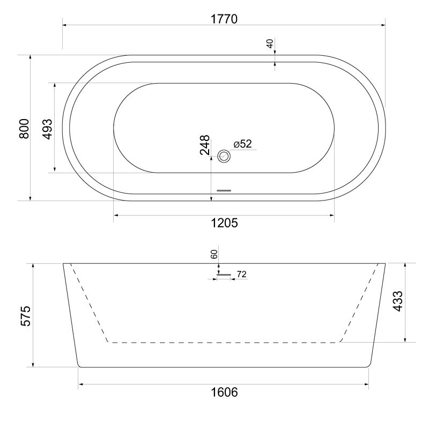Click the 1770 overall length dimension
click(224, 18)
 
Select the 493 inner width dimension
click(47, 129)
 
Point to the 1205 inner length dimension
click(224, 223)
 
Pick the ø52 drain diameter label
click(242, 144)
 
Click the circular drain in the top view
click(224, 156)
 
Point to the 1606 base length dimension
click(224, 392)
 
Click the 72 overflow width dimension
click(241, 275)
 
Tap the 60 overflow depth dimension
click(214, 255)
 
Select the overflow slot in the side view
click(224, 275)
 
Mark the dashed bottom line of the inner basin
click(224, 342)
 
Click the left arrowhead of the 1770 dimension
click(65, 24)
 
